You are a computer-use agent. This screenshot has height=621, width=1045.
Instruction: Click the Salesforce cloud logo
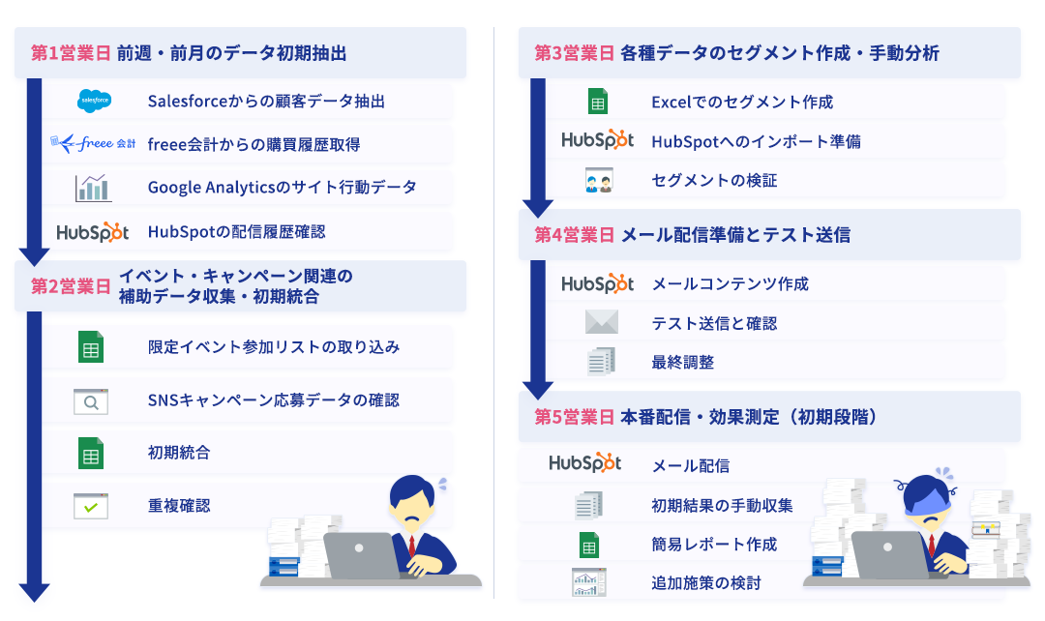(95, 101)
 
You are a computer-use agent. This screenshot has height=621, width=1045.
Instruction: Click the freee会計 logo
(93, 144)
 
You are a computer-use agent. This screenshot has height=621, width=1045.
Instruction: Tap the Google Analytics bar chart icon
(93, 187)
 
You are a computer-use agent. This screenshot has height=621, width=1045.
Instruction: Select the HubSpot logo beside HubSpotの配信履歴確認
(93, 231)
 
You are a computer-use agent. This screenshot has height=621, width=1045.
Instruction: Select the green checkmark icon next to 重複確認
(91, 506)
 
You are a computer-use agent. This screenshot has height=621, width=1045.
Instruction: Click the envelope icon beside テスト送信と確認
(601, 323)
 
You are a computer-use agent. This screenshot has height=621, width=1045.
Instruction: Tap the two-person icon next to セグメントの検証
(598, 181)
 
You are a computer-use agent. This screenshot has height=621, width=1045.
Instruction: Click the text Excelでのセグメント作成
(742, 102)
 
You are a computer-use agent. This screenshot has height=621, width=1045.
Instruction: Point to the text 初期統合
(179, 452)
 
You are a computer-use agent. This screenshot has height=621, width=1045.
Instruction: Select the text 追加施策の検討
(706, 583)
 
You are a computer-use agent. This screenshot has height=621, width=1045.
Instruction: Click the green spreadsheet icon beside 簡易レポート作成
(588, 545)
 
